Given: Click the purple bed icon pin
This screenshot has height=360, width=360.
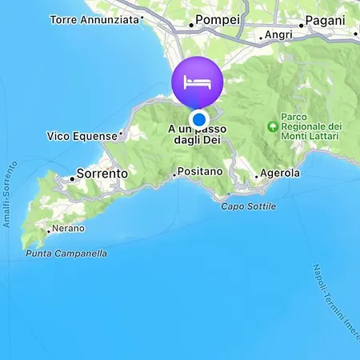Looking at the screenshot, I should [x=197, y=82].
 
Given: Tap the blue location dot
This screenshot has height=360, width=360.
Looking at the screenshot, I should [x=198, y=118].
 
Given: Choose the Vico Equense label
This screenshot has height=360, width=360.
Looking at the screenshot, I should [x=82, y=136].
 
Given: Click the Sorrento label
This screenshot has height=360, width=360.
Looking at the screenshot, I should [x=102, y=173].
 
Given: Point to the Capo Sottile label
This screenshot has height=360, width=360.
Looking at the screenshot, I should [x=249, y=206].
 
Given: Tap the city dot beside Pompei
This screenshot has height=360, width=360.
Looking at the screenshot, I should [x=191, y=25].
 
